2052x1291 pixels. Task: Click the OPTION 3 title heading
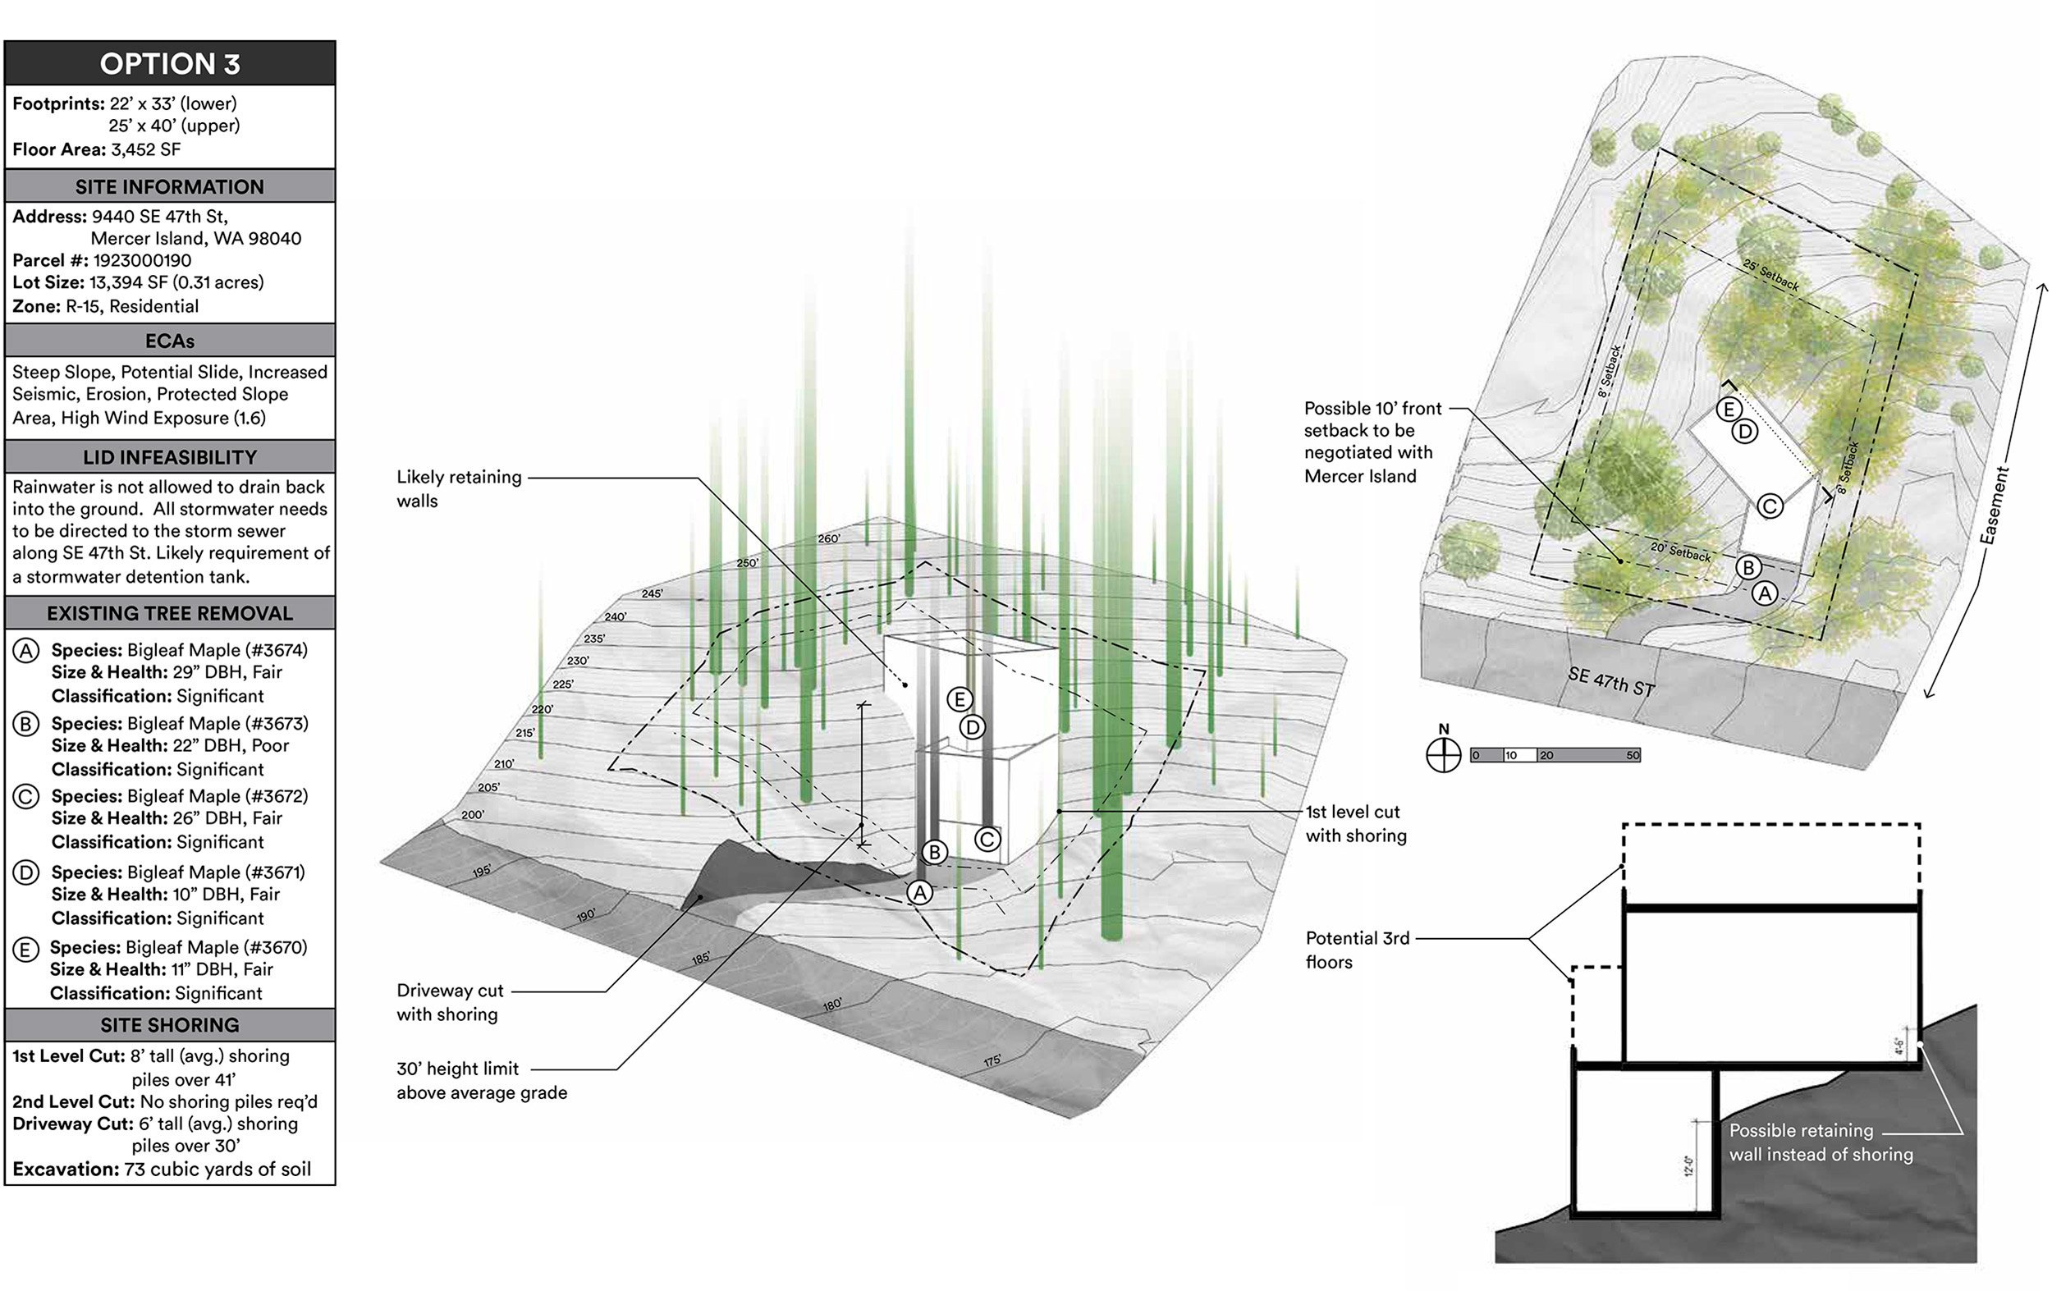pyautogui.click(x=170, y=64)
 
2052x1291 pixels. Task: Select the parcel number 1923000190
pyautogui.click(x=142, y=260)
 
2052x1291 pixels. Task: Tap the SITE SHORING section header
pyautogui.click(x=170, y=1025)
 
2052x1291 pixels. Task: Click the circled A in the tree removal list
pyautogui.click(x=26, y=651)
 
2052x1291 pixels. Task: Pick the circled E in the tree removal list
pyautogui.click(x=26, y=949)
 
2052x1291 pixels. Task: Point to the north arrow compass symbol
pyautogui.click(x=1444, y=754)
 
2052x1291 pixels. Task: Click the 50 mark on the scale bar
pyautogui.click(x=1633, y=755)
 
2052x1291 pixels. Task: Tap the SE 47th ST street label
pyautogui.click(x=1610, y=682)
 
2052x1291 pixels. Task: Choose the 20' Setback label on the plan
pyautogui.click(x=1681, y=552)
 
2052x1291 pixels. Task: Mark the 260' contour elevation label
pyautogui.click(x=828, y=538)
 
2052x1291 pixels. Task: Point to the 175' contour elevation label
pyautogui.click(x=992, y=1061)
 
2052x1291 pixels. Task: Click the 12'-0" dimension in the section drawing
pyautogui.click(x=1688, y=1165)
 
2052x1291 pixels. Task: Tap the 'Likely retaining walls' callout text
pyautogui.click(x=459, y=489)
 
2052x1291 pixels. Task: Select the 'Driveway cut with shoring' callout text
pyautogui.click(x=450, y=1002)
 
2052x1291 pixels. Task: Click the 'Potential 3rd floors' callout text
pyautogui.click(x=1358, y=950)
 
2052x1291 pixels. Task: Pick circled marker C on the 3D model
pyautogui.click(x=987, y=840)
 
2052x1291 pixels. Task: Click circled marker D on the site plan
pyautogui.click(x=1745, y=431)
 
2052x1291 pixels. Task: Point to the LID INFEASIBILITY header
pyautogui.click(x=170, y=458)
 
